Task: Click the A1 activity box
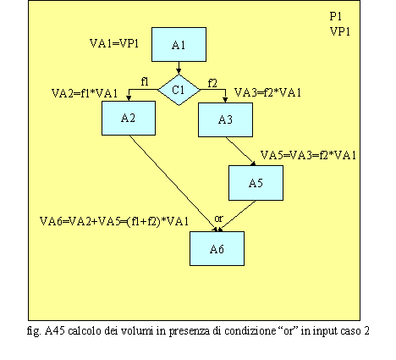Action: click(179, 44)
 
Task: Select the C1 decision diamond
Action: click(179, 90)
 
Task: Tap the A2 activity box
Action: click(129, 118)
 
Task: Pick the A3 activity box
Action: click(225, 119)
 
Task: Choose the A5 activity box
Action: click(256, 183)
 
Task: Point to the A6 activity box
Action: click(217, 249)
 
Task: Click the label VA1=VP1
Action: click(114, 43)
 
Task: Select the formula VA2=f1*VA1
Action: click(85, 93)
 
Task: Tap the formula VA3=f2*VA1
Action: click(267, 92)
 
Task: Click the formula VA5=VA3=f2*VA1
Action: click(308, 155)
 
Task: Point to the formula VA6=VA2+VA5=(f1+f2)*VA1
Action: click(114, 221)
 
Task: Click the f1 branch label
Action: click(145, 82)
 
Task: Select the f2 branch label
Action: click(212, 83)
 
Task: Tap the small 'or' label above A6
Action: click(218, 219)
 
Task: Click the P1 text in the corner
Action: click(336, 16)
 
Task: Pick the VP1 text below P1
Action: click(340, 31)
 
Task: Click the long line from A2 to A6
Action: click(173, 184)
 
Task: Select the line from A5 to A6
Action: click(238, 216)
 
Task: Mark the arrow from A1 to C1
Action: click(179, 68)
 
